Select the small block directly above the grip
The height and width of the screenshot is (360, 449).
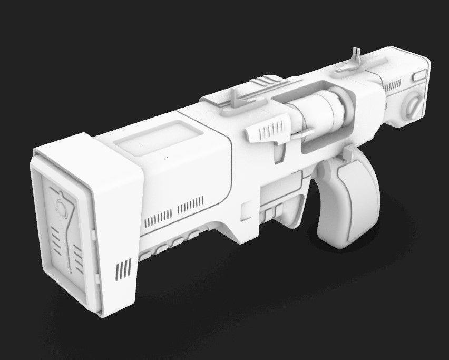pos(347,154)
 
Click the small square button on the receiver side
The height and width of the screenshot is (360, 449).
pos(247,211)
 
